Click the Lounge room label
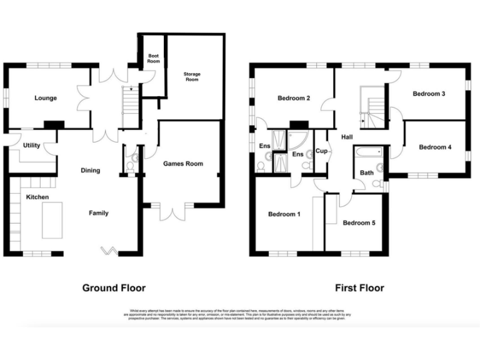pos(46,98)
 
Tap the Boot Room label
pos(154,59)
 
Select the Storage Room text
pos(192,77)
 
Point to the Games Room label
pos(183,164)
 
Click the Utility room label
pos(31,146)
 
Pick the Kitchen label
pos(37,197)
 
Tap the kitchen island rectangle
pos(51,219)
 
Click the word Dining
pos(90,171)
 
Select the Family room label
pos(98,213)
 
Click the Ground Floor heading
pos(114,288)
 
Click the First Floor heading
pos(359,288)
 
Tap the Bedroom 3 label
pos(429,94)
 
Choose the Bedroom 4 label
pos(435,147)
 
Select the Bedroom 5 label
pos(359,222)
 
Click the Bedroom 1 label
pos(284,214)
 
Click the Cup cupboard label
pos(322,151)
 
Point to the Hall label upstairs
pos(347,137)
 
